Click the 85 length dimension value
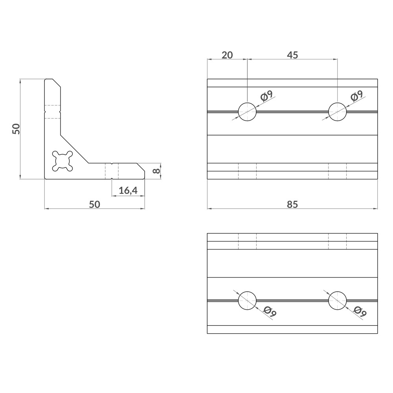pyautogui.click(x=292, y=204)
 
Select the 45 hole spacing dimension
pyautogui.click(x=292, y=55)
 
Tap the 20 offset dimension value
pyautogui.click(x=227, y=55)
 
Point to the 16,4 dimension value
pyautogui.click(x=128, y=191)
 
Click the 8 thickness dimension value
pyautogui.click(x=156, y=171)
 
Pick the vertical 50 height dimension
pyautogui.click(x=16, y=129)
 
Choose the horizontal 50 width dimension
pyautogui.click(x=94, y=204)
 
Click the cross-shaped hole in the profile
pyautogui.click(x=62, y=161)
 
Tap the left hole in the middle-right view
pyautogui.click(x=247, y=112)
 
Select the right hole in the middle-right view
pyautogui.click(x=338, y=112)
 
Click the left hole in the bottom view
pyautogui.click(x=247, y=301)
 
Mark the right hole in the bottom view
pyautogui.click(x=338, y=301)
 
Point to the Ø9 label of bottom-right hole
pyautogui.click(x=360, y=311)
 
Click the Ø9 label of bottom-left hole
pyautogui.click(x=270, y=311)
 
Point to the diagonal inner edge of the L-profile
pyautogui.click(x=74, y=149)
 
